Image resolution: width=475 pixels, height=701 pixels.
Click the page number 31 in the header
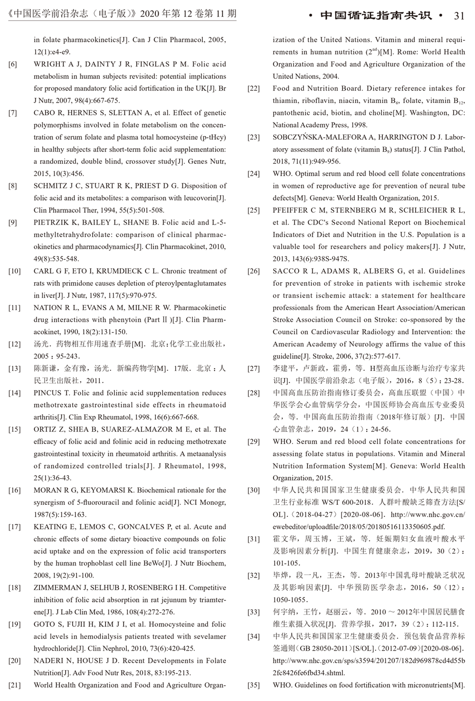[459, 16]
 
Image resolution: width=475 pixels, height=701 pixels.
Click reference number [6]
[13, 64]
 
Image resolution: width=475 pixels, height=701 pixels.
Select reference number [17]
[14, 527]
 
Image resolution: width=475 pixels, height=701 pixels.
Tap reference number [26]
[254, 271]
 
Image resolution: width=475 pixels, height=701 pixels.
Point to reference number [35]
[254, 685]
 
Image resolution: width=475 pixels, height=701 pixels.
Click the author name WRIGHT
[49, 64]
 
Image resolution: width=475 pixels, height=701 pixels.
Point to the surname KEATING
[50, 527]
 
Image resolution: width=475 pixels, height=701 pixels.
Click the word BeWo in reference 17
[152, 563]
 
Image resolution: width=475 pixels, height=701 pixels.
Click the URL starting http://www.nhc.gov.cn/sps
[369, 661]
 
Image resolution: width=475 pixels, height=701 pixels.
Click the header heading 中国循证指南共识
[376, 16]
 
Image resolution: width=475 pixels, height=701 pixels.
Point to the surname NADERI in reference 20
[47, 661]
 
